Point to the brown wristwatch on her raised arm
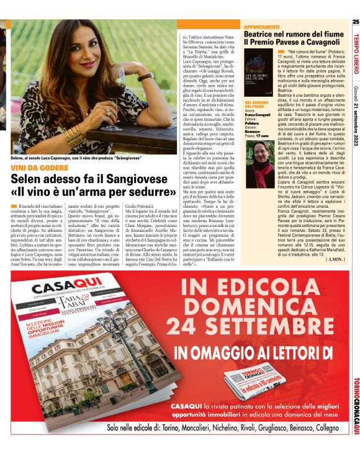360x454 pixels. pos(145,77)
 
